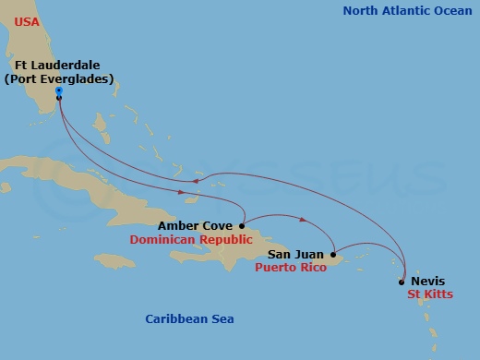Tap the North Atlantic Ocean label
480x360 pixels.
pos(405,11)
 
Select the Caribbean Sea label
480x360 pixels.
pos(189,318)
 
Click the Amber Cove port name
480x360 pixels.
pos(195,225)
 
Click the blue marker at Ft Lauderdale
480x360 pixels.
pos(58,90)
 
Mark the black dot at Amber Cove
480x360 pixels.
pos(241,225)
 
